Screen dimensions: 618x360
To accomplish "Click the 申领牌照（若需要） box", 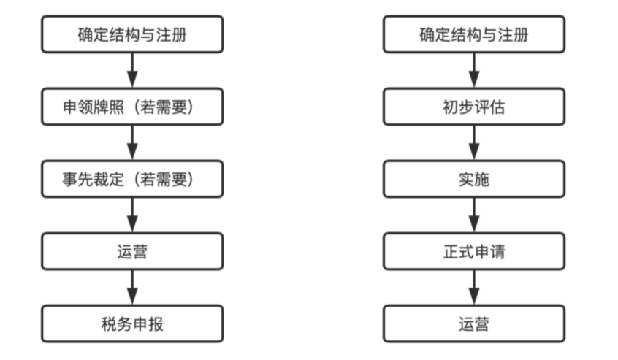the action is click(132, 107).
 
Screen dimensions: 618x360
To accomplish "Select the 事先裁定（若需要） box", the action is click(132, 179).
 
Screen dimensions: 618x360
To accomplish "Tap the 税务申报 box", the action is click(132, 323).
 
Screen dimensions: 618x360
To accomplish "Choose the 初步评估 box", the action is click(474, 107).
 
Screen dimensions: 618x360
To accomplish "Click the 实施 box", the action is click(474, 179).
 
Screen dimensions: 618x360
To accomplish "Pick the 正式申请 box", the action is click(474, 251).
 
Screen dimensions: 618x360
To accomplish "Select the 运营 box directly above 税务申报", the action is click(132, 251).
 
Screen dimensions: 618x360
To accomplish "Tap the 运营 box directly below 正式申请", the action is click(474, 323).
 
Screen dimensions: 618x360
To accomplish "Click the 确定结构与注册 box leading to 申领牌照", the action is click(132, 34).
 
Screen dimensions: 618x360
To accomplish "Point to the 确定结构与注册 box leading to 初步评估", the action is click(474, 34).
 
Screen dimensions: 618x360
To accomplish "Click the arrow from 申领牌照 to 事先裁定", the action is click(132, 142).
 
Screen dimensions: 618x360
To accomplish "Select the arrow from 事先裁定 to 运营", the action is click(132, 215).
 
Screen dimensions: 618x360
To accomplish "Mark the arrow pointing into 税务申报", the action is click(132, 288).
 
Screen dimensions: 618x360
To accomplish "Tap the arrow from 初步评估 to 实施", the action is click(474, 142).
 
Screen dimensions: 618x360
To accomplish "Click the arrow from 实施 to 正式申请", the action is click(474, 215).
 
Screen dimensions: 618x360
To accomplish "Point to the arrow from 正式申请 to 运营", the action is click(474, 288).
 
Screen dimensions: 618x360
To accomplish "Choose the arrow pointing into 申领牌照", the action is click(132, 71).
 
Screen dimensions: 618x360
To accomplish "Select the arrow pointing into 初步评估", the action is click(474, 71).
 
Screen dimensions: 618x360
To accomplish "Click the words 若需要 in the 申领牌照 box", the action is click(163, 107).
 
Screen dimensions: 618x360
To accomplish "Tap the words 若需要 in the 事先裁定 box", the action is click(163, 179).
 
